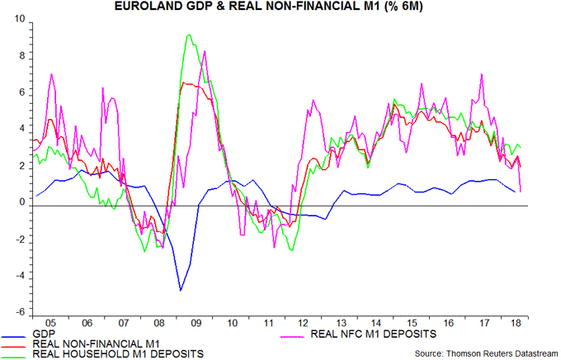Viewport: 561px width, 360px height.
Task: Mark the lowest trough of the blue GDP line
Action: (181, 290)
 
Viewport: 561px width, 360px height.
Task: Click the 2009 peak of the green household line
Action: (190, 35)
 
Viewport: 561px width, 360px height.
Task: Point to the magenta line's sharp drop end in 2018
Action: (523, 192)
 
